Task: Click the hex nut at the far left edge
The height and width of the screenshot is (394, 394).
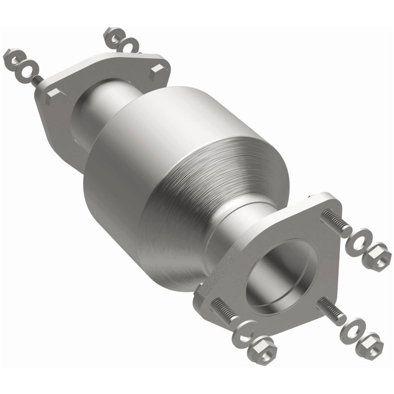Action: pos(12,57)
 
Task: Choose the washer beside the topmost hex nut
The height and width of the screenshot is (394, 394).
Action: pos(129,45)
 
